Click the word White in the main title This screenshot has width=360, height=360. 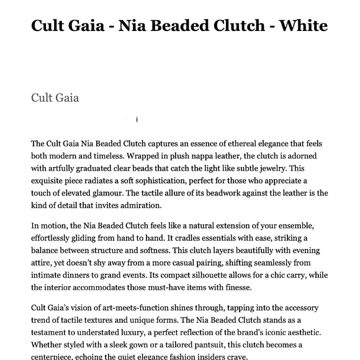304,26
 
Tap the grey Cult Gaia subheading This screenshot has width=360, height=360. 55,97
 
